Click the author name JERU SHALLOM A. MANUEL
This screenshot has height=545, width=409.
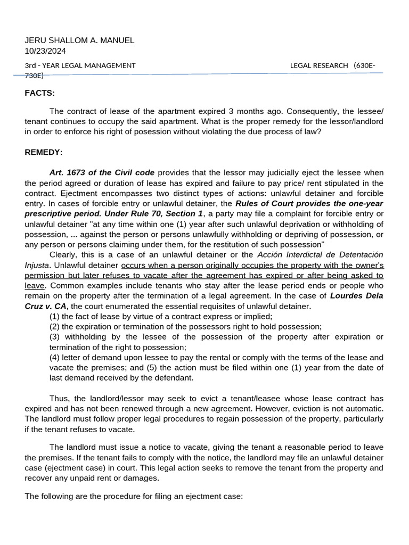[79, 40]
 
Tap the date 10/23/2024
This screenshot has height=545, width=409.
[45, 51]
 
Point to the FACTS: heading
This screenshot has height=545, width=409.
[40, 93]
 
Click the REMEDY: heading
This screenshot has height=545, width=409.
[44, 153]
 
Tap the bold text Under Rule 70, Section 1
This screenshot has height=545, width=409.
[154, 213]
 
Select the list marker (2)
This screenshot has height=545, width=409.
[55, 326]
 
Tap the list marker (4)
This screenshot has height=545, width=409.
[55, 357]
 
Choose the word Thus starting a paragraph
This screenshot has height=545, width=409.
[59, 399]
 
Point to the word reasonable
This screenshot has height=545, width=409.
[318, 448]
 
